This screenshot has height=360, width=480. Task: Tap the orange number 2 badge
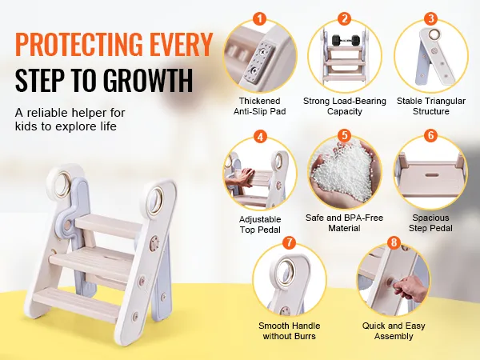coord(344,18)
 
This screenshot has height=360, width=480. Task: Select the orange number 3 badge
coord(430,18)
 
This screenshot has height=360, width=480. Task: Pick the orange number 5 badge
coord(344,136)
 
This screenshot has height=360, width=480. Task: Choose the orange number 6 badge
coord(430,136)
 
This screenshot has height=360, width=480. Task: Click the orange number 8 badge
coord(393,241)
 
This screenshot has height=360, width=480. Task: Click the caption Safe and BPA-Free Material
coord(344,222)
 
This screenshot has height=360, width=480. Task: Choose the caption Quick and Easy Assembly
coord(394,331)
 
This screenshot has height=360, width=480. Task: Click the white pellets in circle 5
coord(344,172)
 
